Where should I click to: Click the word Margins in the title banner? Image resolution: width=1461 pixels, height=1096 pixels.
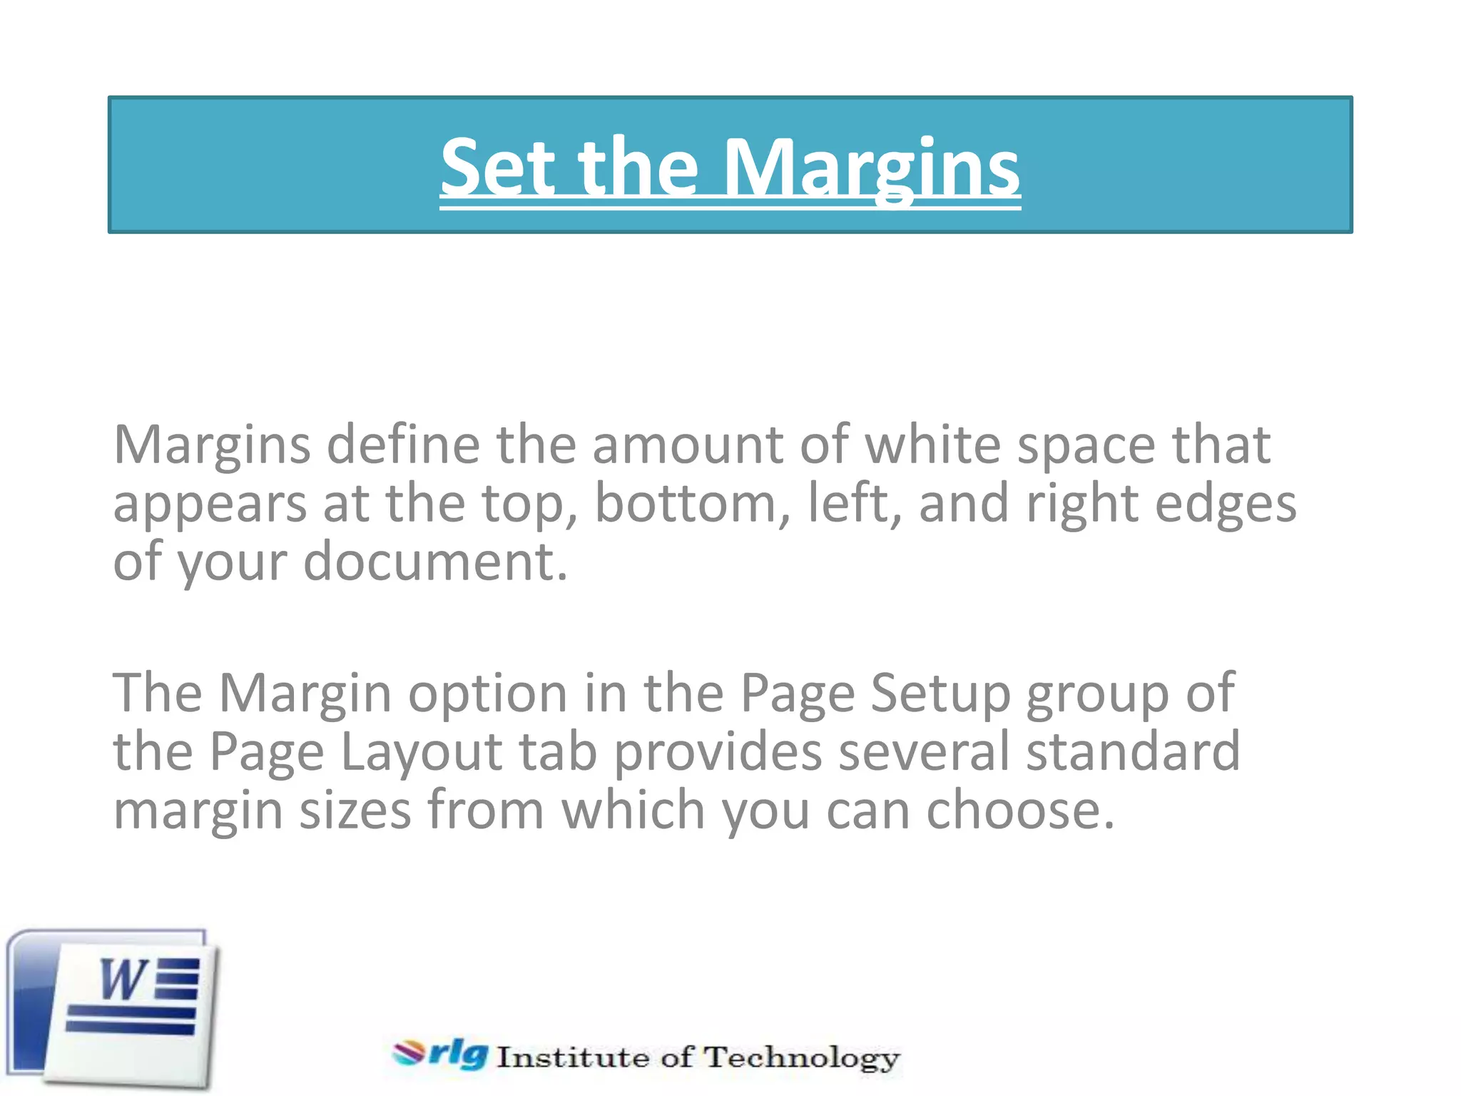pos(872,168)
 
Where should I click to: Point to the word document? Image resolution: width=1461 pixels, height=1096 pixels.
pos(435,562)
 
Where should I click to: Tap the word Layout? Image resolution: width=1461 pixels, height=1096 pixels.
pos(422,753)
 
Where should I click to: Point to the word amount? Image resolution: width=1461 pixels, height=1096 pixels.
pos(688,445)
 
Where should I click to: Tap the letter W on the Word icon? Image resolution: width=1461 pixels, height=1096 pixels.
pos(123,980)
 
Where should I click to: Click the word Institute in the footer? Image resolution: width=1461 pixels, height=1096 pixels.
pos(572,1057)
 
